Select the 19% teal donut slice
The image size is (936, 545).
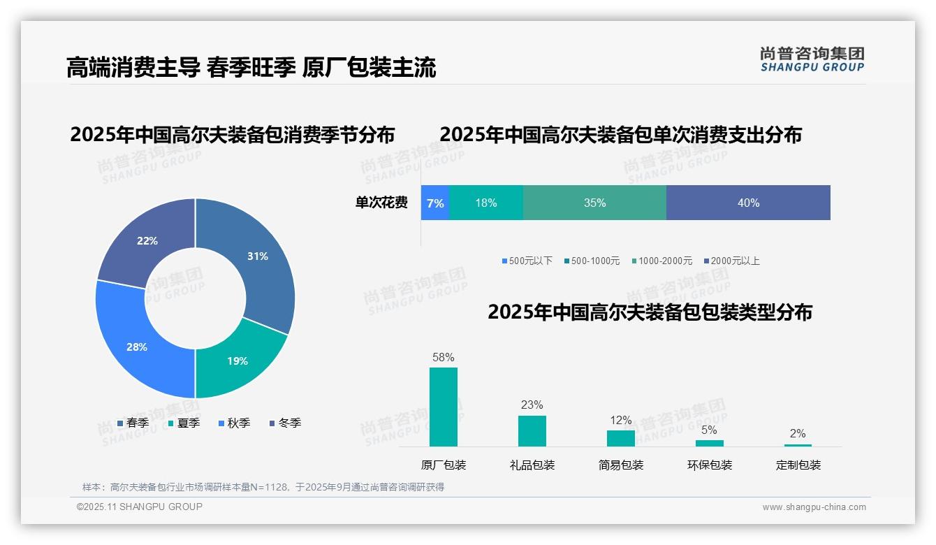[x=237, y=361]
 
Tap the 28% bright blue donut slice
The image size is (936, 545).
[x=137, y=347]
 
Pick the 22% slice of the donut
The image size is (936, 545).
[x=147, y=241]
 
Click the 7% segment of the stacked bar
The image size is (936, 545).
[x=435, y=203]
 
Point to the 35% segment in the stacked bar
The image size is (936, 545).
[x=594, y=203]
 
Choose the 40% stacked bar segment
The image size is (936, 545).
[x=748, y=203]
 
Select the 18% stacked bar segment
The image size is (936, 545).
[x=486, y=203]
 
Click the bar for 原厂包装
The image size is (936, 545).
[x=444, y=407]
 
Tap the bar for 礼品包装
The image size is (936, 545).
[x=532, y=430]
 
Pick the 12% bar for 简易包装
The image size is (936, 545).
[x=621, y=438]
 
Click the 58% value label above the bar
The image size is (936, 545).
[x=444, y=358]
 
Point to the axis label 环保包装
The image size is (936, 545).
[x=710, y=465]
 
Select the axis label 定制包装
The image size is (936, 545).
[x=798, y=465]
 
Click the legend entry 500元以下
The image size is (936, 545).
[x=527, y=261]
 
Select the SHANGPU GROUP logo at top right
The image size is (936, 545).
[x=812, y=59]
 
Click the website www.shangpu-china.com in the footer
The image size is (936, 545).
[x=814, y=507]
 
